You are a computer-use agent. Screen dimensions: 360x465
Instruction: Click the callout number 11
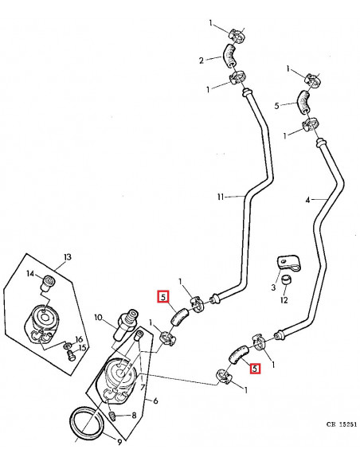[220, 197]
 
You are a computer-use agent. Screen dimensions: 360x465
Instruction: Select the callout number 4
[307, 201]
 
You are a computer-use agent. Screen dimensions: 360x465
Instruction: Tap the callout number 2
[202, 61]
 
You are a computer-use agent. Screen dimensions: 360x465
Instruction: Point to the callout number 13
[68, 257]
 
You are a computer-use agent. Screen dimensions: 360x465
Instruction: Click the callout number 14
[30, 274]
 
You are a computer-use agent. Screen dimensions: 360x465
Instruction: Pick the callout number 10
[98, 318]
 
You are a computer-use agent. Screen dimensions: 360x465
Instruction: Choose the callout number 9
[119, 443]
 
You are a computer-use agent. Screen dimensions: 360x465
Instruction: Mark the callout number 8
[134, 416]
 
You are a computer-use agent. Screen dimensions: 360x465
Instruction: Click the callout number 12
[284, 300]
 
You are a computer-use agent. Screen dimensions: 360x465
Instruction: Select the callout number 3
[273, 287]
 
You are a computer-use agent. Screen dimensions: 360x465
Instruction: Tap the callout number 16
[79, 339]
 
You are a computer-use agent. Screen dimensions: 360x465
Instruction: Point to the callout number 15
[82, 348]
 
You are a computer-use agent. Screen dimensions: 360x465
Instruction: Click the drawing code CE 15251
[342, 424]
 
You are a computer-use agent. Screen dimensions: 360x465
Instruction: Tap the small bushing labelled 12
[286, 280]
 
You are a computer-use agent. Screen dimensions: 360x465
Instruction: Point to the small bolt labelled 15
[71, 355]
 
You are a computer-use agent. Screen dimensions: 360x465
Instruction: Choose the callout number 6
[155, 401]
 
